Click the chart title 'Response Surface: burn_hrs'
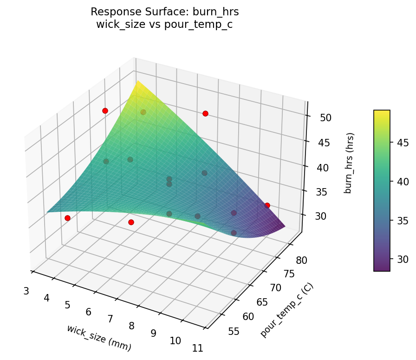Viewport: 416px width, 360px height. (x=164, y=12)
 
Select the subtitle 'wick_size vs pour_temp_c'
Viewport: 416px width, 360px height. (x=164, y=25)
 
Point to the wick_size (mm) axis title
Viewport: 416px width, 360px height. (x=99, y=337)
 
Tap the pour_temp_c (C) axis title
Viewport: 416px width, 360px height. (x=286, y=310)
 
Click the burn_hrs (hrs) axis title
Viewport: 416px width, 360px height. (x=349, y=163)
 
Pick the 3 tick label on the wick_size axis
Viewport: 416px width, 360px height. (x=26, y=291)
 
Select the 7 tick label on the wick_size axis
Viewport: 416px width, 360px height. (x=110, y=319)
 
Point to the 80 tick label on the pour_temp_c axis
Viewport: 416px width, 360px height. (x=301, y=260)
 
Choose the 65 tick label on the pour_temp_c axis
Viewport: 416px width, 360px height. (x=262, y=302)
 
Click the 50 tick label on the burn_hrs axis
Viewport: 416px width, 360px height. (x=325, y=118)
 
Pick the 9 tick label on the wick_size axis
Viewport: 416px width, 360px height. (x=154, y=333)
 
